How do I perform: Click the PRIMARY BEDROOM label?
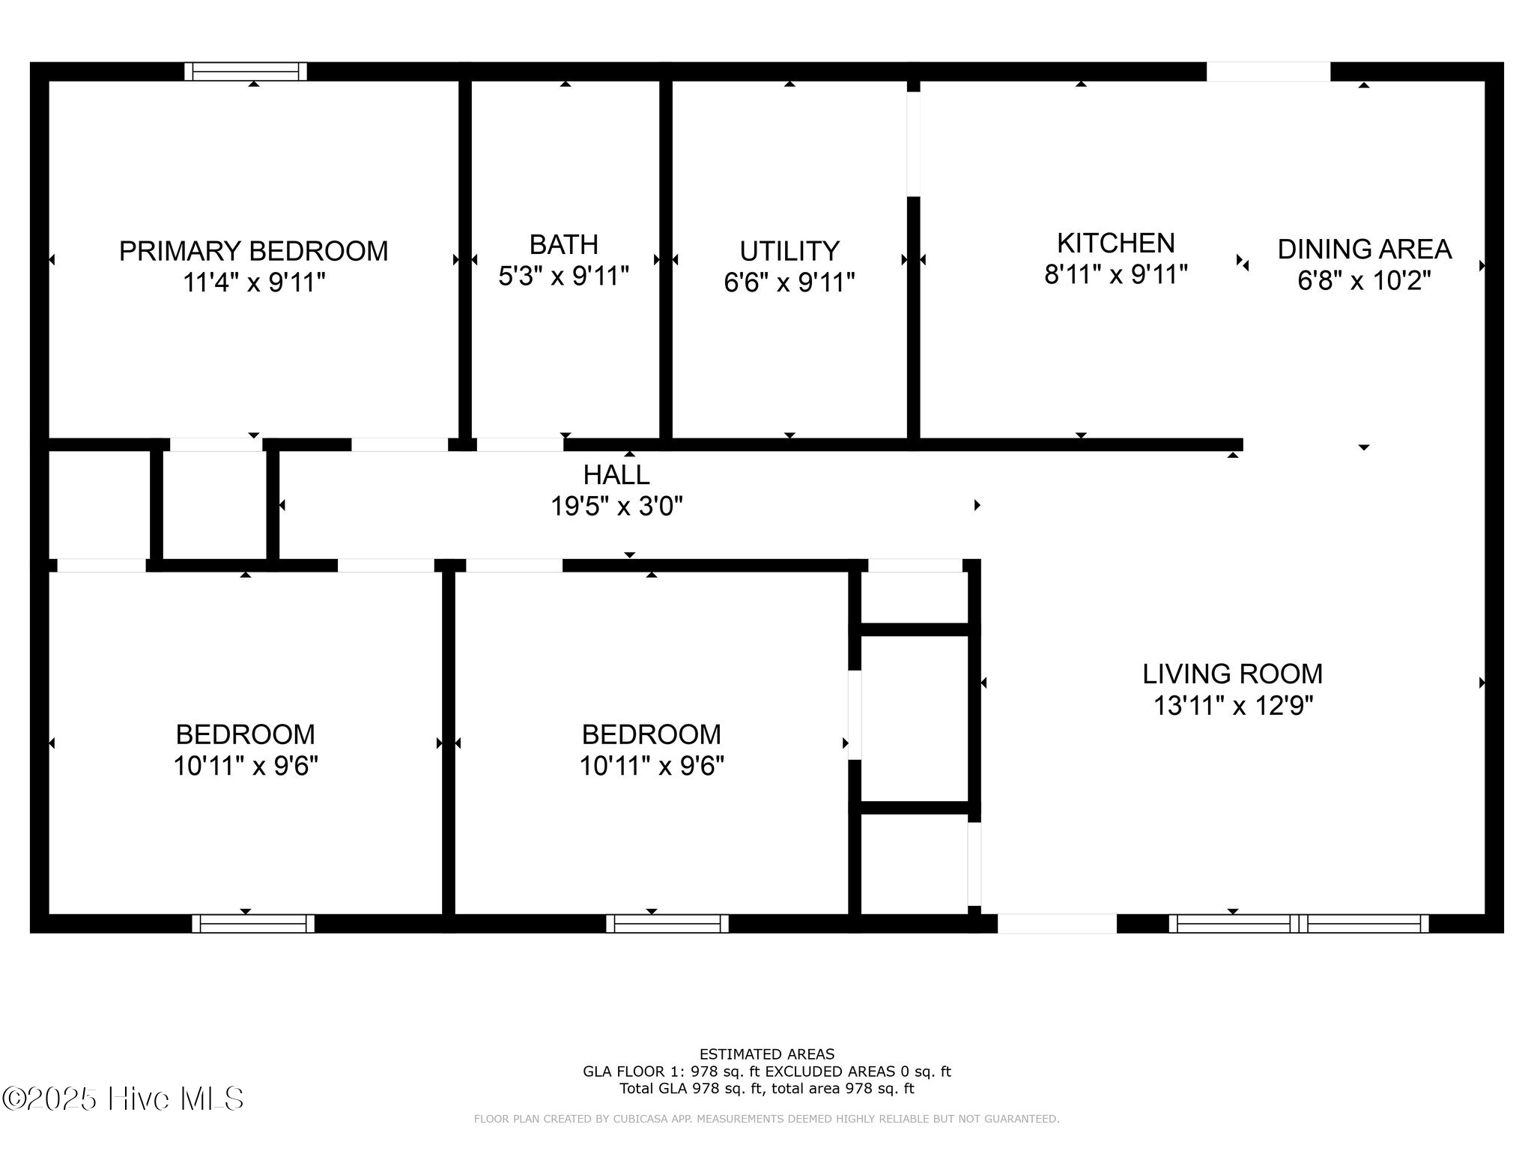253,250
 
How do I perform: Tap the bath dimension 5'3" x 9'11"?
563,277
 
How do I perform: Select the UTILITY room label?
789,250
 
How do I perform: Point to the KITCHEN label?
1115,243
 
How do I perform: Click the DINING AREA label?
1364,249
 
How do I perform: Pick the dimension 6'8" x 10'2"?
1364,281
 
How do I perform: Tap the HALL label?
616,474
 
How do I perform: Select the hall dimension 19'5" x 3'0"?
616,507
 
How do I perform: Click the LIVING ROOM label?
1232,674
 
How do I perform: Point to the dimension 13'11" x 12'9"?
1232,706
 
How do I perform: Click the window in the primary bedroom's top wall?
246,71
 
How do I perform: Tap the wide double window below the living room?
1298,923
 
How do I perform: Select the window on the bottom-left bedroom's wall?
253,923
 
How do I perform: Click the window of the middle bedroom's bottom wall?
667,923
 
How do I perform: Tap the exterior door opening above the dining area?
1267,71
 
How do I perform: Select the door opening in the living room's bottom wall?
1056,923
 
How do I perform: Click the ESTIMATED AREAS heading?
766,1054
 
